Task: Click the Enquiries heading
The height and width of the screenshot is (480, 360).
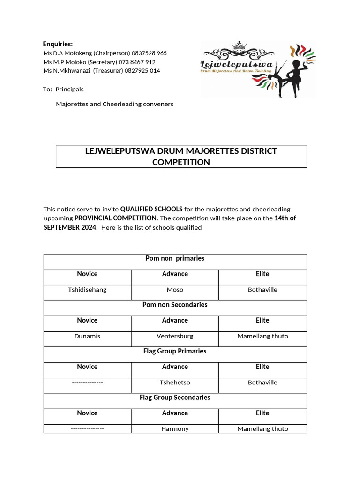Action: [x=58, y=44]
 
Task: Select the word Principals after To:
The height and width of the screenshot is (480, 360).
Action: [x=69, y=89]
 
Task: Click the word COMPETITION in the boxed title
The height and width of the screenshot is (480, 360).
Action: [x=181, y=162]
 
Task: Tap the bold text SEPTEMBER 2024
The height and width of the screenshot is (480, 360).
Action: [x=70, y=227]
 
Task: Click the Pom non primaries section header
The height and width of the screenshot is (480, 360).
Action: [x=175, y=258]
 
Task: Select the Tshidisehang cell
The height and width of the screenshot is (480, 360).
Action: [x=87, y=290]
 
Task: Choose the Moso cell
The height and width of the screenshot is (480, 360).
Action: [x=175, y=290]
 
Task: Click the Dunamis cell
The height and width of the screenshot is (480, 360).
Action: [x=87, y=336]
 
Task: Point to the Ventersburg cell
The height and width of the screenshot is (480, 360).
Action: [x=175, y=336]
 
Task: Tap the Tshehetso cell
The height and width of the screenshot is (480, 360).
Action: [x=175, y=382]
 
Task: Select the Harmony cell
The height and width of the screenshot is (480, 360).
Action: [x=175, y=428]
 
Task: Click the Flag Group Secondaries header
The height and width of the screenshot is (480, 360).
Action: [x=175, y=397]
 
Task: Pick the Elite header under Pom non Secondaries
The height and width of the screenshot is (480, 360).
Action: [x=262, y=320]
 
